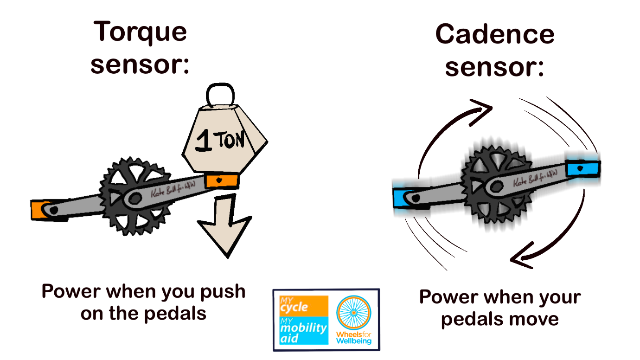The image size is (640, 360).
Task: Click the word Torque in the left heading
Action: coord(140,32)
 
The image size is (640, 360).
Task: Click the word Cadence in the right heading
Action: coord(494,35)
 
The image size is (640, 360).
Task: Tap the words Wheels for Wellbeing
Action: coord(353,337)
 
